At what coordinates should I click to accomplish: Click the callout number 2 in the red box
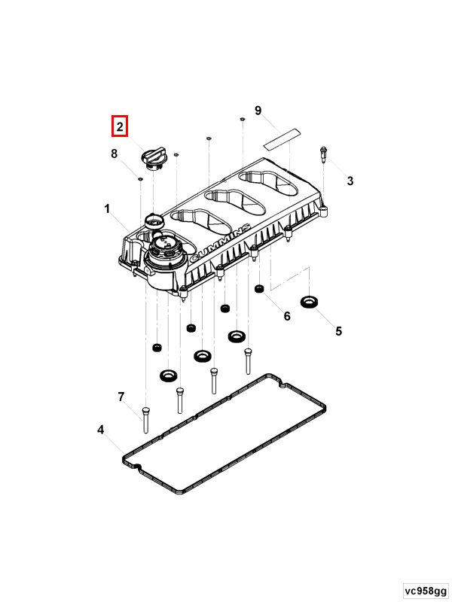click(120, 126)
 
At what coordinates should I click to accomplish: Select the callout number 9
click(258, 111)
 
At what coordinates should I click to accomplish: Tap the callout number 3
click(350, 181)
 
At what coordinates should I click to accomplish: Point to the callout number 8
click(115, 154)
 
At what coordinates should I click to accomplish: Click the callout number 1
click(107, 209)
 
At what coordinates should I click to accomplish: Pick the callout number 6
click(287, 316)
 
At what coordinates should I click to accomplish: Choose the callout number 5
click(338, 331)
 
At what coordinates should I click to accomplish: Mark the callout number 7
click(121, 397)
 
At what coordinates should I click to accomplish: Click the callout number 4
click(100, 430)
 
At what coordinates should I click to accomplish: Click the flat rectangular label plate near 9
click(282, 139)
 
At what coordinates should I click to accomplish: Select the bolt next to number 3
click(323, 154)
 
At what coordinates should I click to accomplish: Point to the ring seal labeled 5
click(310, 302)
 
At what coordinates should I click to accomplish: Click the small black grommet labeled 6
click(259, 288)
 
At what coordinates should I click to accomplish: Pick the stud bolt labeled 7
click(145, 420)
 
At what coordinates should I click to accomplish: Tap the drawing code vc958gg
click(426, 591)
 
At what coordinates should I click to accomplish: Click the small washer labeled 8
click(140, 178)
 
